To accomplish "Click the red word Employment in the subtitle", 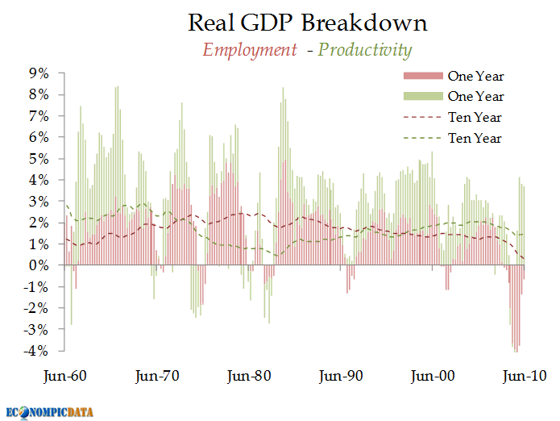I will pyautogui.click(x=249, y=50).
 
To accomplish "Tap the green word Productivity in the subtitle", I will pyautogui.click(x=365, y=50).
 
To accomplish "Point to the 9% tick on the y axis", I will pyautogui.click(x=39, y=73).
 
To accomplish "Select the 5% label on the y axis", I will pyautogui.click(x=39, y=159).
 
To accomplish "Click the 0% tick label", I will pyautogui.click(x=39, y=265).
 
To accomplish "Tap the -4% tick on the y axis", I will pyautogui.click(x=36, y=351).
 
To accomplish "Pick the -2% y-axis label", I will pyautogui.click(x=36, y=308).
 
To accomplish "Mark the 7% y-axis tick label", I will pyautogui.click(x=39, y=116).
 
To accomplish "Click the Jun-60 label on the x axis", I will pyautogui.click(x=64, y=375).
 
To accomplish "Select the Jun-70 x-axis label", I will pyautogui.click(x=158, y=375).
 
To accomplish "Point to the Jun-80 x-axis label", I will pyautogui.click(x=249, y=375).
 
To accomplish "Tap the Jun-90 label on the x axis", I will pyautogui.click(x=342, y=375).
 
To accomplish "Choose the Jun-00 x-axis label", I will pyautogui.click(x=434, y=375).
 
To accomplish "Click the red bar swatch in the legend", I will pyautogui.click(x=422, y=76).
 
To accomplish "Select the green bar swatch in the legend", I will pyautogui.click(x=422, y=97).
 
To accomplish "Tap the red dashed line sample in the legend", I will pyautogui.click(x=422, y=118).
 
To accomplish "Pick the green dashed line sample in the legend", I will pyautogui.click(x=422, y=139).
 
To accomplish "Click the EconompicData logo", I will pyautogui.click(x=49, y=411).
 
